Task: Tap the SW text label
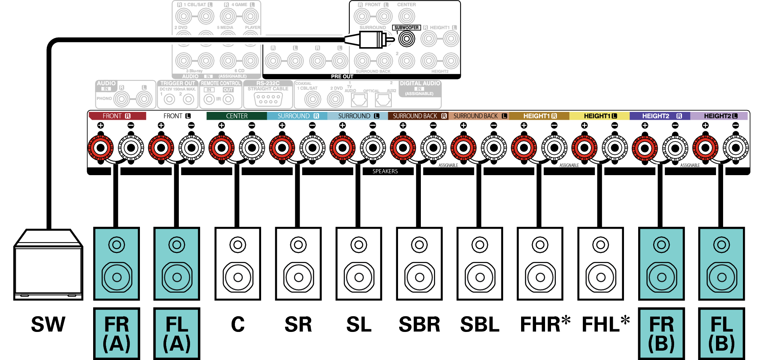pos(48,324)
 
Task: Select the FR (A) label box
pos(117,333)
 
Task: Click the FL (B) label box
pos(722,333)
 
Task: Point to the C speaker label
pos(238,324)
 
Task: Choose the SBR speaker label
pos(419,324)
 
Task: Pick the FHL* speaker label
pos(605,324)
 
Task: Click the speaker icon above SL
pos(359,263)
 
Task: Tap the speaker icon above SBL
pos(480,263)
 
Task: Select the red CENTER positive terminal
pos(221,148)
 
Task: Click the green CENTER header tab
pos(236,116)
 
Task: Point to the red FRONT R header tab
pos(117,116)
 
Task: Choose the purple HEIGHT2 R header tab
pos(660,116)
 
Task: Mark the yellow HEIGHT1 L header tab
pos(599,116)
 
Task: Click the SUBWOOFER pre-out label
pos(406,27)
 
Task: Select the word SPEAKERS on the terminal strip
pos(385,171)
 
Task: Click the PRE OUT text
pos(342,76)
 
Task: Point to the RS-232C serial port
pos(268,99)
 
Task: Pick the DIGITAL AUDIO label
pos(420,83)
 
